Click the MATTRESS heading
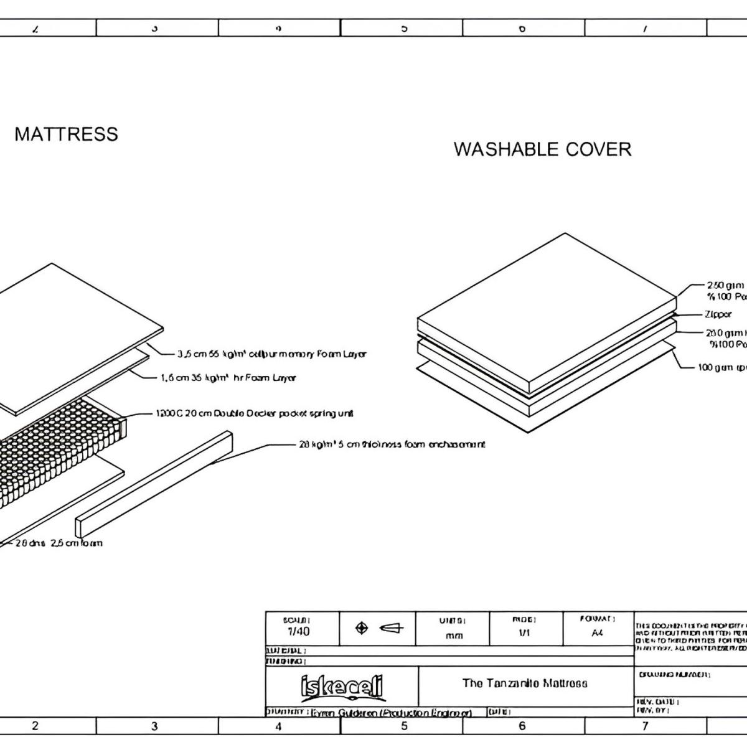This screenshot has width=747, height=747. point(66,134)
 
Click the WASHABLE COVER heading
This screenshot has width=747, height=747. point(542,149)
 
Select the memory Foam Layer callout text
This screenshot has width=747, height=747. point(272,354)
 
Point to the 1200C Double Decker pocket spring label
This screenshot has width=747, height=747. point(255,413)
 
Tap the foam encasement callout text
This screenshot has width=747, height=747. point(392,444)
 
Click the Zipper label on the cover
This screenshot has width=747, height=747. point(718,314)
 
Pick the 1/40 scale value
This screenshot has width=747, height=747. point(298,631)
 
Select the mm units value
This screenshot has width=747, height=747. point(454,636)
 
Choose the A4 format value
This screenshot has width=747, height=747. point(597,632)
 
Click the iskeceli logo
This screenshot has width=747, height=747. point(342,687)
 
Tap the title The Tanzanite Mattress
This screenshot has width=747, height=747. point(525,684)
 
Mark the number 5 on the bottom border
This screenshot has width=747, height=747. point(404,726)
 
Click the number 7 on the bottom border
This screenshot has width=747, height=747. point(645,726)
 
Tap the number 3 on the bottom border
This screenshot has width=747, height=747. point(154,726)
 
